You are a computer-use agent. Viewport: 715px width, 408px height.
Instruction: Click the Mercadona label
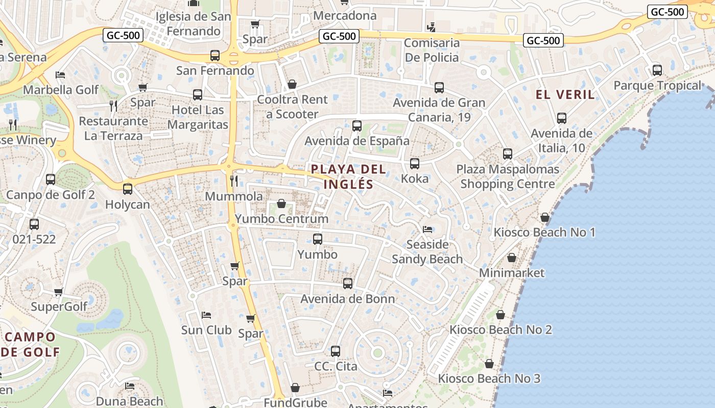pos(345,15)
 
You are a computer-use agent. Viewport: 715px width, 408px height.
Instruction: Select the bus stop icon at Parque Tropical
pos(657,70)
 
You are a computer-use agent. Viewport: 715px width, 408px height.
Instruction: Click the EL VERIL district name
pos(565,94)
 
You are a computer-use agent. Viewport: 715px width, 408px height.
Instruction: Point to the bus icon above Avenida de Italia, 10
pos(562,118)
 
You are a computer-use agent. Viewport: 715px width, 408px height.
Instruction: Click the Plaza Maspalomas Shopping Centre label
pos(508,176)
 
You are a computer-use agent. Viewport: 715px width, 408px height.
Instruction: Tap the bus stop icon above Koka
pos(415,164)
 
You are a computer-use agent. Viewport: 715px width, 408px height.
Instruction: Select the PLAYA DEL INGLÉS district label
pos(349,176)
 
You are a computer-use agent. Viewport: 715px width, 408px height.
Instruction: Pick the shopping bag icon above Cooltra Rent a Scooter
pos(292,84)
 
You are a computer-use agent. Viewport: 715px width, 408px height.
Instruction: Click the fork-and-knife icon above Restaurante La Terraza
pos(113,106)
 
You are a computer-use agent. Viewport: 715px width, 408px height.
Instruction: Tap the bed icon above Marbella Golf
pos(60,75)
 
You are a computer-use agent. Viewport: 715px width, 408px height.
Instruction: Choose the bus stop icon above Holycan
pos(128,189)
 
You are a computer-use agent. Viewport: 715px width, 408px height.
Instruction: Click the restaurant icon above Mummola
pos(234,181)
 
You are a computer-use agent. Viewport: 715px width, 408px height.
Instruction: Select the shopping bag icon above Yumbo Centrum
pos(281,204)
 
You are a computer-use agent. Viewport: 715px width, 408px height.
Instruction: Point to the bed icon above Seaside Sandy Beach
pos(427,229)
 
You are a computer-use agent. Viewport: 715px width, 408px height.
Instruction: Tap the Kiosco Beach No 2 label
pos(500,329)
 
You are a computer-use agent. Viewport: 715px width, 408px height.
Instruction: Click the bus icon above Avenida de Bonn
pos(348,284)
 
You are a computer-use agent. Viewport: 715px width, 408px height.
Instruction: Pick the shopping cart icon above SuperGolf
pos(59,292)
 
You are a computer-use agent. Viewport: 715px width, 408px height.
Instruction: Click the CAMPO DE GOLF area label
pos(31,344)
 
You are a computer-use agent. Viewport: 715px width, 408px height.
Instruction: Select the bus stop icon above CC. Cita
pos(336,351)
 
